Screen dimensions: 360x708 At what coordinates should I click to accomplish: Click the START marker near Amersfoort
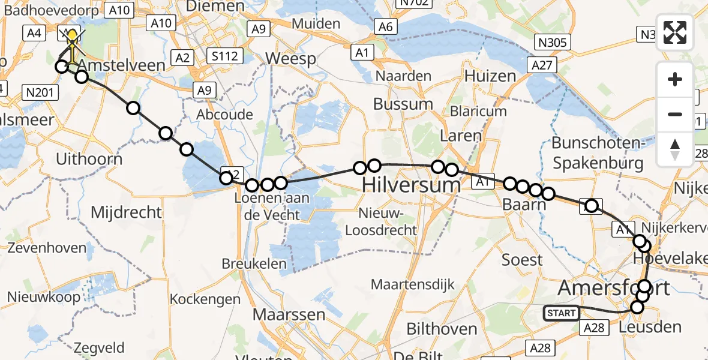click(x=561, y=313)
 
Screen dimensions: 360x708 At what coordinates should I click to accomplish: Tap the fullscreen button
click(x=676, y=32)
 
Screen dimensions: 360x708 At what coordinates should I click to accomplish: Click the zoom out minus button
click(x=676, y=114)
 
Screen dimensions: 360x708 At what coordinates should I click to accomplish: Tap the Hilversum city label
click(x=412, y=185)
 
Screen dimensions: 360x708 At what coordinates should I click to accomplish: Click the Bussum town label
click(x=403, y=103)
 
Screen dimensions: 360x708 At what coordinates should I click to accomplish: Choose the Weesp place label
click(x=290, y=59)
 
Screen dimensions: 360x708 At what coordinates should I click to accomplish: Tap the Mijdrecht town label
click(x=126, y=212)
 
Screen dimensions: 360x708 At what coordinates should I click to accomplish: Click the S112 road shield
click(x=225, y=57)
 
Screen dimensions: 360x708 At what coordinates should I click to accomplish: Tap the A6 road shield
click(x=385, y=26)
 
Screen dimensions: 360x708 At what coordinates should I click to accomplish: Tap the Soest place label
click(x=522, y=260)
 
